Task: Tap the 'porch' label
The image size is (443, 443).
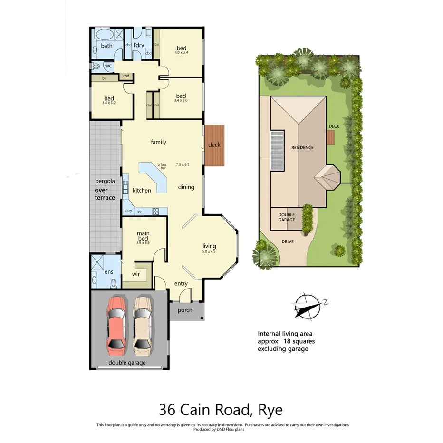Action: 185,310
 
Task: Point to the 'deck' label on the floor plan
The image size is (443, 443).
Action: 214,145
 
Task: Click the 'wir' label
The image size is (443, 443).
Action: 135,274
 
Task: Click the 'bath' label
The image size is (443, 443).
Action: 106,46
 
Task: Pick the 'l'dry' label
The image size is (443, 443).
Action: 138,45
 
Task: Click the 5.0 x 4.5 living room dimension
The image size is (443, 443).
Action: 209,252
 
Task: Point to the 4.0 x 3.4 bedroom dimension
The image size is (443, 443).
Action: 182,53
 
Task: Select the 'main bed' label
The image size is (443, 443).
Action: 143,236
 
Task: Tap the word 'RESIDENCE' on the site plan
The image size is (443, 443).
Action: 302,147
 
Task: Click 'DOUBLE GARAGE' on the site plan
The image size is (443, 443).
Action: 286,217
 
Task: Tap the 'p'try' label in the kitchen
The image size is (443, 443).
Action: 128,211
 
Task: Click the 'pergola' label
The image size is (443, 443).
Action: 105,181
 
